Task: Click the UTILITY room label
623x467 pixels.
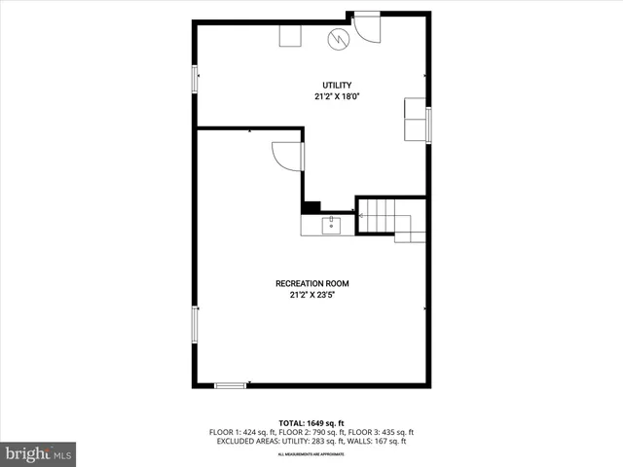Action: [337, 86]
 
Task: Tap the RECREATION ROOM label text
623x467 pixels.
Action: [311, 284]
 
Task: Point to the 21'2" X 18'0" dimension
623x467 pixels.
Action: [337, 96]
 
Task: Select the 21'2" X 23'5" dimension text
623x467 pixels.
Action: [311, 295]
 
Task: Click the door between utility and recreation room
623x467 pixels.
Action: [288, 156]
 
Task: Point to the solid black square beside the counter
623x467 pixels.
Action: [311, 206]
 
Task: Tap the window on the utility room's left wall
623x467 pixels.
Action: [195, 79]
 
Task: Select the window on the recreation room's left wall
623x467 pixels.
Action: [195, 324]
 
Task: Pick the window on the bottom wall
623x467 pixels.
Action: [230, 386]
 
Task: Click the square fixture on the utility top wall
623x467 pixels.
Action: [291, 35]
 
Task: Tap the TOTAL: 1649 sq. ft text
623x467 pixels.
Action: [311, 423]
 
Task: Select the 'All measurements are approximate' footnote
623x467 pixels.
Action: [311, 454]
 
